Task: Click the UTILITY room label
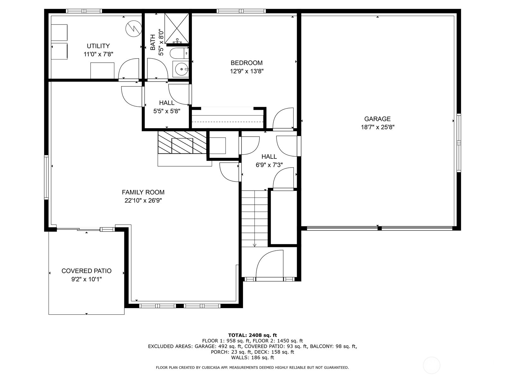coord(98,46)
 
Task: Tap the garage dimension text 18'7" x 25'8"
coord(377,127)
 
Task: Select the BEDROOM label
coord(246,63)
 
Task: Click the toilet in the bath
coord(178,53)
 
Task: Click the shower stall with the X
coord(177,28)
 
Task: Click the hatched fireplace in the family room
coord(182,142)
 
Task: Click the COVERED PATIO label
coord(86,271)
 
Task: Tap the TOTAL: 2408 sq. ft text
coord(252,335)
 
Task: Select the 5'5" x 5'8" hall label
coord(167,111)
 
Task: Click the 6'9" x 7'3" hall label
coord(269,165)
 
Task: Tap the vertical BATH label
coord(153,42)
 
